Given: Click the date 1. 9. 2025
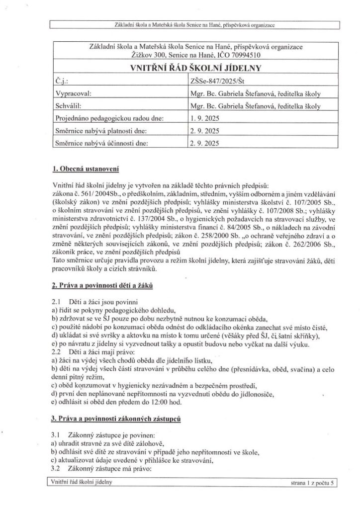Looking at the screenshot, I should pyautogui.click(x=204, y=118).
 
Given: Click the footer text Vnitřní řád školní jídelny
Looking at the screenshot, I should pyautogui.click(x=82, y=482).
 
